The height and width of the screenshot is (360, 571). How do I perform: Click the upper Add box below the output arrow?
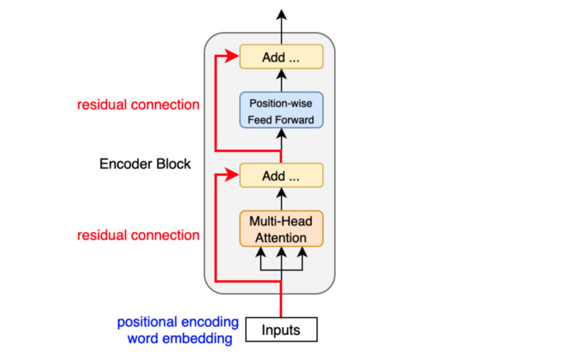pos(281,57)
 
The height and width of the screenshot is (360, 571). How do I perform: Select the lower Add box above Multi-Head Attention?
pos(281,175)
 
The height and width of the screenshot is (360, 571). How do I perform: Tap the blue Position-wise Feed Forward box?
pos(281,111)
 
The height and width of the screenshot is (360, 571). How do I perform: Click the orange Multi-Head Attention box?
pos(281,228)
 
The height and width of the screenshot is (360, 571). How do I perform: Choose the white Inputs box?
pos(281,330)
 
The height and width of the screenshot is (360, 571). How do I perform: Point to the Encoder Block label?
pos(145,164)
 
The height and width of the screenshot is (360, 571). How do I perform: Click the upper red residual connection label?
pos(138,105)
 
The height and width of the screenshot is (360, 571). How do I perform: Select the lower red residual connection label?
pos(138,235)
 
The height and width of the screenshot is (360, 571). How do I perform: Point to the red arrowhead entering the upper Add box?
pos(234,56)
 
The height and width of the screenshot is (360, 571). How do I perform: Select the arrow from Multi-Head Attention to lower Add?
pos(281,199)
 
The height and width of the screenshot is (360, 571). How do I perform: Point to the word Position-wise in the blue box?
pos(281,104)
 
